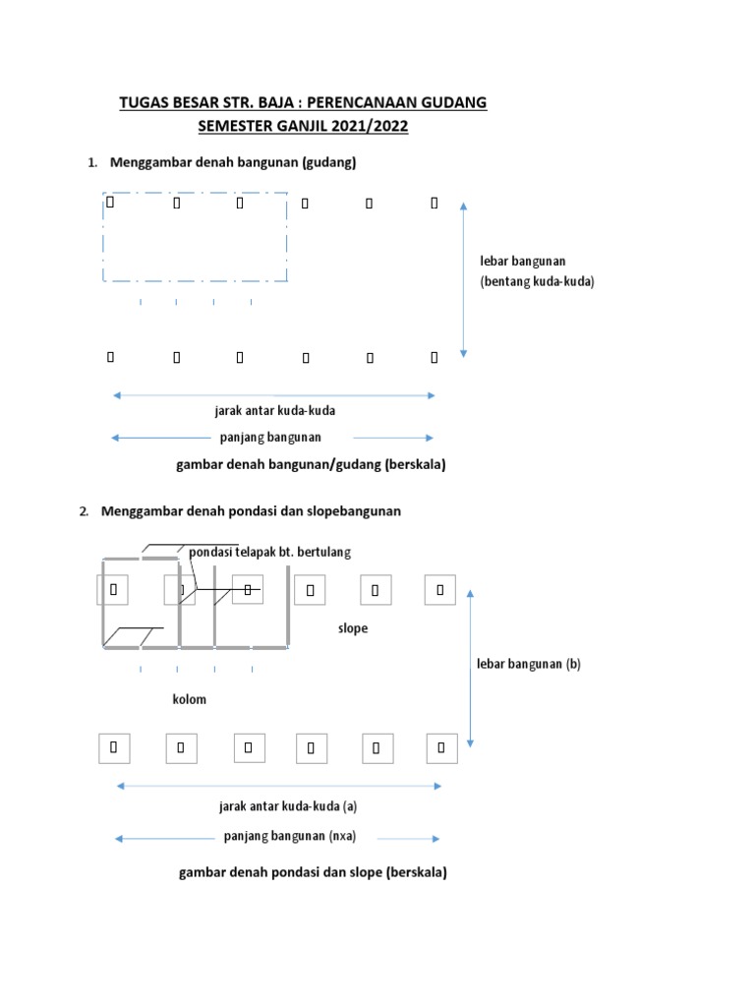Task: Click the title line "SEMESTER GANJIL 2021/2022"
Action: coord(302,126)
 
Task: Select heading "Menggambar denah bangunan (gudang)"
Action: coord(232,163)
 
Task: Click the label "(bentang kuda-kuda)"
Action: coord(537,281)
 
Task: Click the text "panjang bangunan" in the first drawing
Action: coord(270,437)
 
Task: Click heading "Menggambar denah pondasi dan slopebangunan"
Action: coord(251,511)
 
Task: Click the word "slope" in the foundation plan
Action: coord(352,628)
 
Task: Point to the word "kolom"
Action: coord(189,699)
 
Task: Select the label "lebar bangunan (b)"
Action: coord(529,664)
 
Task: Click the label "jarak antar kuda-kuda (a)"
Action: coord(287,806)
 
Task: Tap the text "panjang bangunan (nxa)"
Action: coord(289,837)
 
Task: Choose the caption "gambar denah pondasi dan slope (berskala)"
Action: coord(313,872)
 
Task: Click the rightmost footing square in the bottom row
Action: coord(440,748)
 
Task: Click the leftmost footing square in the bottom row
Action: coord(114,748)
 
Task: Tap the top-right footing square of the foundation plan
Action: coord(440,590)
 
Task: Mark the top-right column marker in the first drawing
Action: coord(435,204)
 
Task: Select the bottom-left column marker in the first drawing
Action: coord(110,357)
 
